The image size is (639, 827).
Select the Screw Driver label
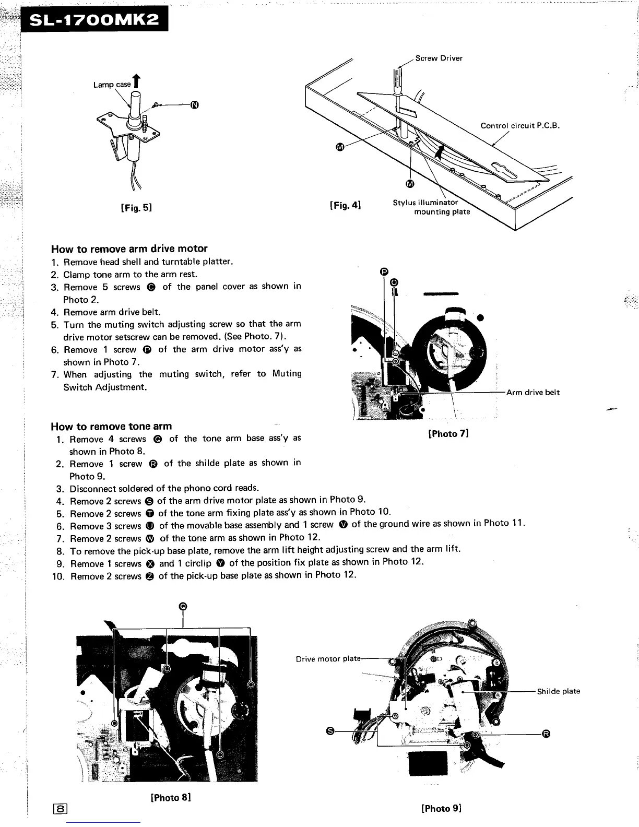(439, 58)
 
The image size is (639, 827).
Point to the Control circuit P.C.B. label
(520, 125)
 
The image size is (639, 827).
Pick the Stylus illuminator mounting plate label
(431, 207)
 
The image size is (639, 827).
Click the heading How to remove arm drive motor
(129, 249)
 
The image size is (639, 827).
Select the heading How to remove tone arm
(111, 426)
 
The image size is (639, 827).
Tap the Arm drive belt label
(532, 392)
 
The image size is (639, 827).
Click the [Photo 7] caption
(448, 433)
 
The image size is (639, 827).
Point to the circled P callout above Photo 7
(384, 271)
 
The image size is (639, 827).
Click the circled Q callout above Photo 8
(183, 606)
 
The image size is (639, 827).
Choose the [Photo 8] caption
(170, 797)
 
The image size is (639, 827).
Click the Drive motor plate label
(328, 658)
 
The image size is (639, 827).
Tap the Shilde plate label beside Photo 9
(559, 691)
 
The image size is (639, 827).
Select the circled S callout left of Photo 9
(330, 730)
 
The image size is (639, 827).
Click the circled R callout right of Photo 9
(546, 734)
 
